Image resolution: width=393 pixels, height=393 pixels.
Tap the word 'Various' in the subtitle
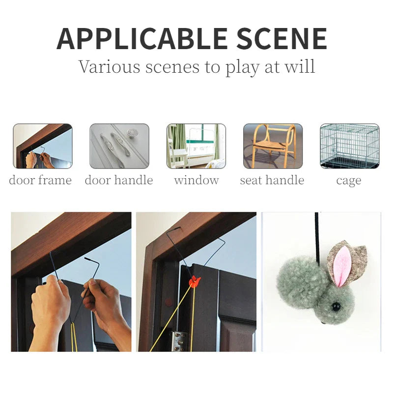[109, 66]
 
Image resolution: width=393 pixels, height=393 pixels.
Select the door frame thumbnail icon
[42, 146]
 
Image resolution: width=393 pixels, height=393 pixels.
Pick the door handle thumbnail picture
[119, 146]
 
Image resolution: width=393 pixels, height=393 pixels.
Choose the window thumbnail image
[196, 146]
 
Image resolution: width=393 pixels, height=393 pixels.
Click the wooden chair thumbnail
[273, 146]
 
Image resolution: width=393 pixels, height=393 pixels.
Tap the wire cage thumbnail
[349, 146]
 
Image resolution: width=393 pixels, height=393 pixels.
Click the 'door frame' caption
[40, 180]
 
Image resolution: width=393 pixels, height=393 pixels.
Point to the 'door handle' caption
[119, 180]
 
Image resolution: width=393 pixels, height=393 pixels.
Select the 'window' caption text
[196, 180]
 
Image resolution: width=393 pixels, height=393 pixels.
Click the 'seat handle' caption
[272, 180]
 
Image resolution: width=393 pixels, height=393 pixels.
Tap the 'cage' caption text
[349, 181]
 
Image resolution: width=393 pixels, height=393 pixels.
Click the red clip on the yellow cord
[195, 281]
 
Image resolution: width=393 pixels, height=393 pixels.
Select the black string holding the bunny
[318, 236]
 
